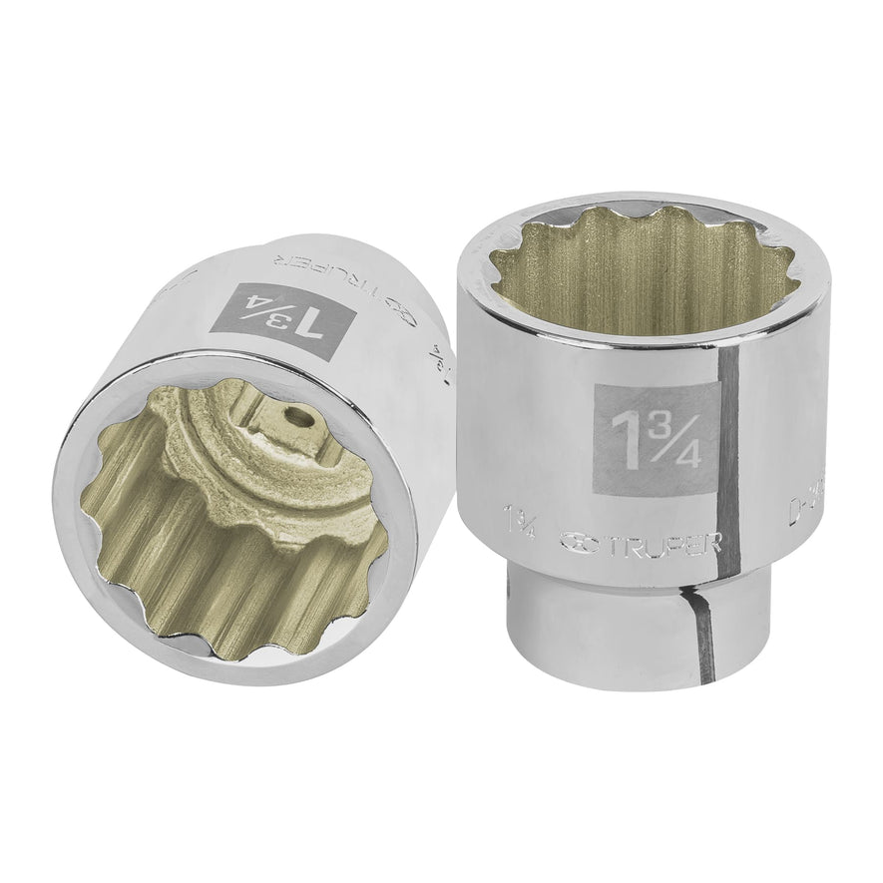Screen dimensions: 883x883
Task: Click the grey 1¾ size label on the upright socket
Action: coord(654,437)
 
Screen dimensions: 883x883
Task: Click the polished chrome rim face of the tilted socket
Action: coord(100,559)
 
